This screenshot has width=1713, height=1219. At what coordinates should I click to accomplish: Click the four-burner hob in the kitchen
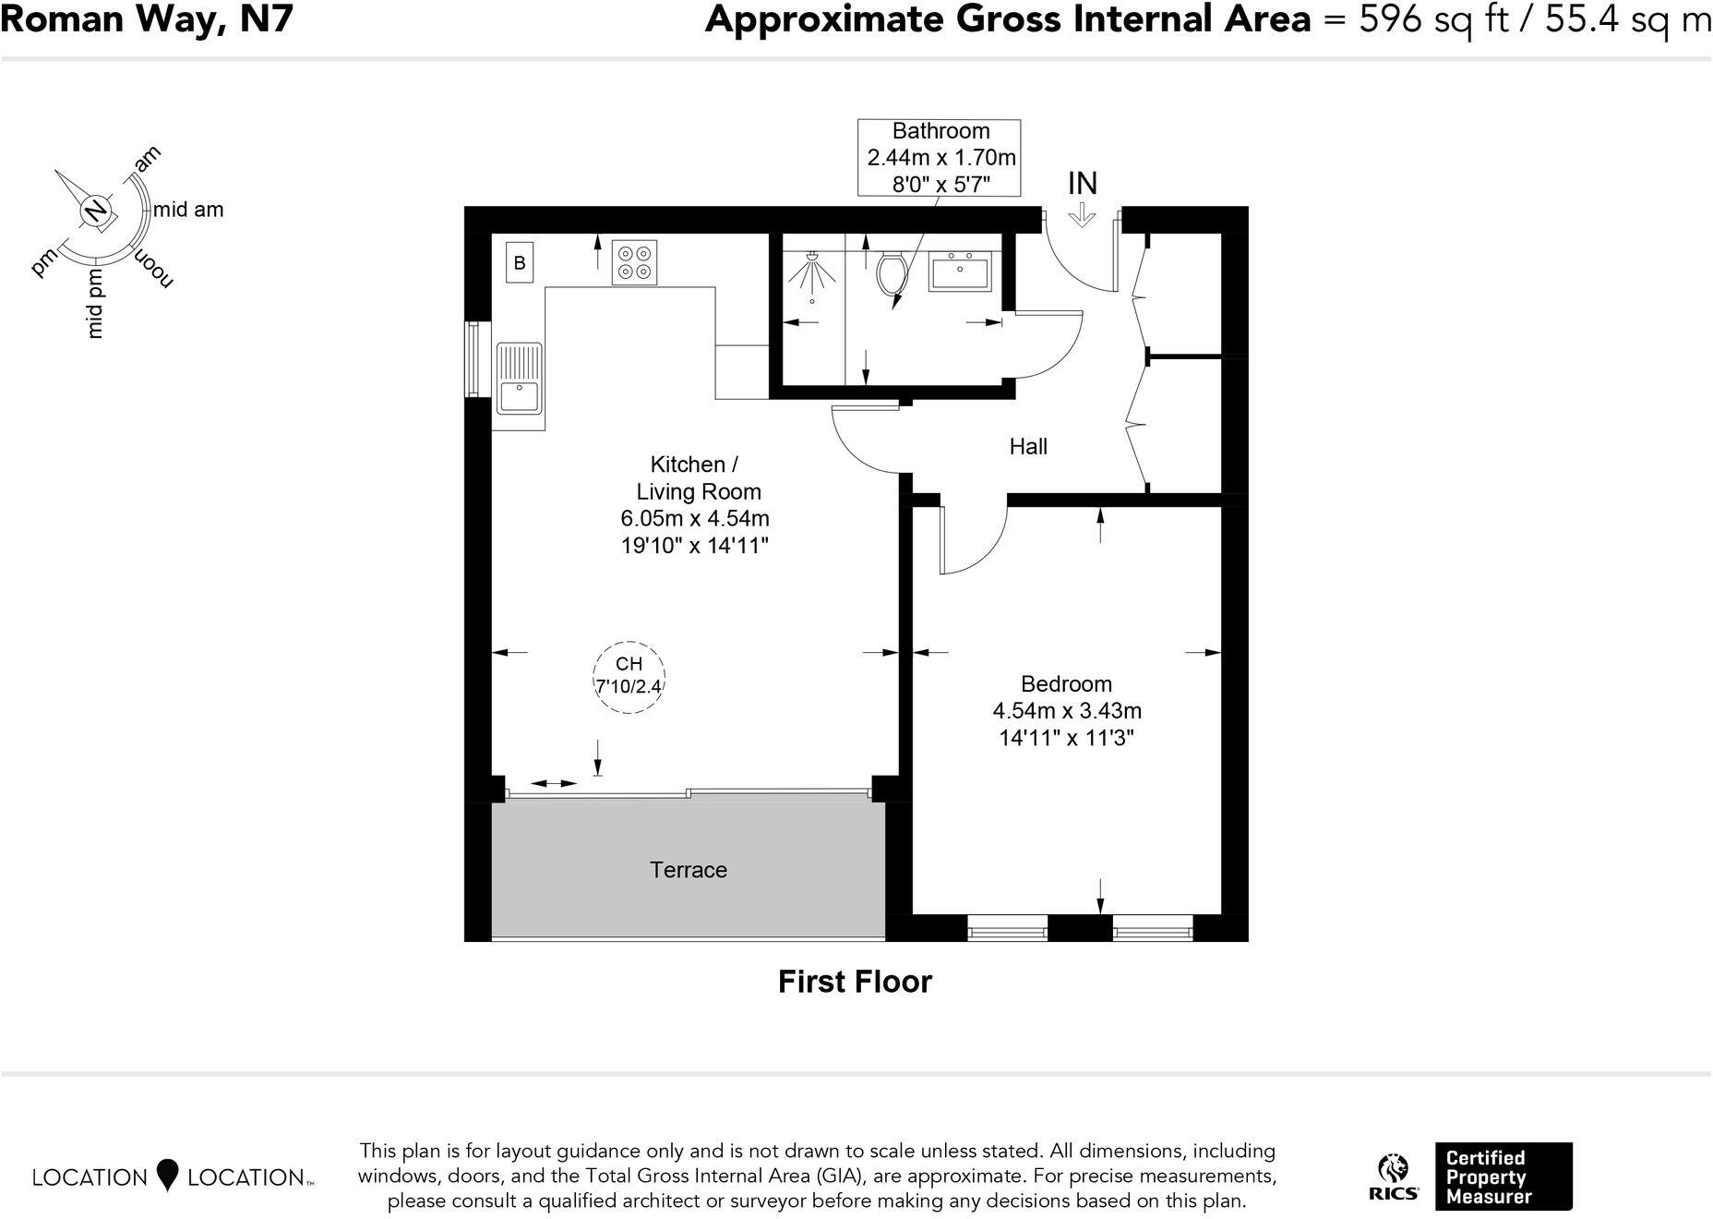coord(634,262)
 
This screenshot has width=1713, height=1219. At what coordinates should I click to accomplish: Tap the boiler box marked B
coord(520,263)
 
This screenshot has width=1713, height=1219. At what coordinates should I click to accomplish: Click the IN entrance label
coord(1082,184)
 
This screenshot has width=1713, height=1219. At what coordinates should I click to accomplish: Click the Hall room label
coord(1027,447)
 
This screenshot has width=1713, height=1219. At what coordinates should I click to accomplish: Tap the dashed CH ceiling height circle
coord(629,677)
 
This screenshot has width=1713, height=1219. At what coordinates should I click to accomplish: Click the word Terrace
coord(689,870)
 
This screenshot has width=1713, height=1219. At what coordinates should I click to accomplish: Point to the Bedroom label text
coord(1066,684)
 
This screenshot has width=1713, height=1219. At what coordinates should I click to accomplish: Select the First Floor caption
coord(855,981)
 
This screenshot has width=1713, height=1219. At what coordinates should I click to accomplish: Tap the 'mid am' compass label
coord(188,210)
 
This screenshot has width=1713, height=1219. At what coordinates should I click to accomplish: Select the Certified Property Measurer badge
coord(1503,1177)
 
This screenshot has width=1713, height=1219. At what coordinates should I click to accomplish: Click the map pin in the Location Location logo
coord(167,1175)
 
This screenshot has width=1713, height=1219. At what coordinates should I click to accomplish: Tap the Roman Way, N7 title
coord(147,19)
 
